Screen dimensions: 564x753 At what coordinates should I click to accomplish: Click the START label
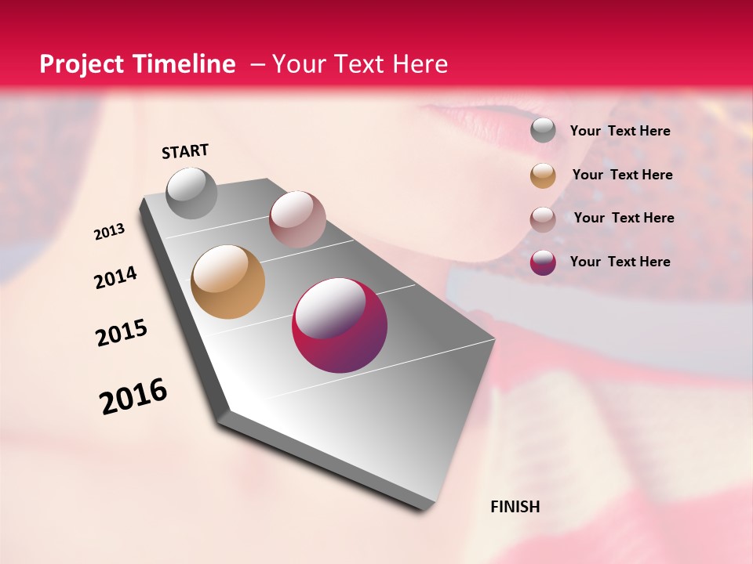click(185, 151)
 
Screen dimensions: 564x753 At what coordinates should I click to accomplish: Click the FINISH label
click(515, 507)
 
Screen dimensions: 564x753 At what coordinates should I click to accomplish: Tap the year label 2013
click(109, 232)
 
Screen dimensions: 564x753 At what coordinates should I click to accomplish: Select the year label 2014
click(115, 278)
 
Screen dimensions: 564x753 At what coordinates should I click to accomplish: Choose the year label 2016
click(133, 396)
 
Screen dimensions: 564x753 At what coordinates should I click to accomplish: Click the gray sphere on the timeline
click(191, 193)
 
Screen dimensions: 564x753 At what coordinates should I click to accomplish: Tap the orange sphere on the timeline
click(227, 282)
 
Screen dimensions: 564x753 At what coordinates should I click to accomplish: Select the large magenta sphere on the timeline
click(340, 325)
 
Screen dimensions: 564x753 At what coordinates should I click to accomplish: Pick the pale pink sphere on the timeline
click(297, 219)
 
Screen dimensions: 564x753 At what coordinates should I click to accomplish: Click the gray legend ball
click(543, 131)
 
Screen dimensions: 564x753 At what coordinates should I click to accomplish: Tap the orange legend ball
click(543, 175)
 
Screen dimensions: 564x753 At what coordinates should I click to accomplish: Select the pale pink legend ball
click(543, 219)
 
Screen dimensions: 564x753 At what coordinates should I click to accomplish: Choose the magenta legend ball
click(543, 262)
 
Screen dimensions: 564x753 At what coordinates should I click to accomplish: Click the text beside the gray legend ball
click(620, 131)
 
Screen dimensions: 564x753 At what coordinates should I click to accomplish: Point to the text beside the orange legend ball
click(622, 175)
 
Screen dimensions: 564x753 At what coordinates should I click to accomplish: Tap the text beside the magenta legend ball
click(620, 262)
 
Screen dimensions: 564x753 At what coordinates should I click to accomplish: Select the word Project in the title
click(81, 64)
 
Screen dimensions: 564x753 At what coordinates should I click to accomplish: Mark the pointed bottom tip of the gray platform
click(424, 510)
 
